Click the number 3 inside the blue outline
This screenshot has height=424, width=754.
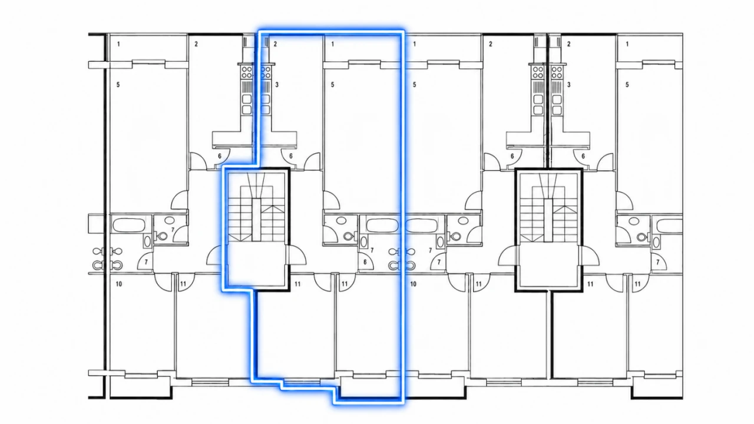tap(277, 85)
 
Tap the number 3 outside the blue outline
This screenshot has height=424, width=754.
tap(569, 85)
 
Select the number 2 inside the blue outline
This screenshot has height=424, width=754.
tap(275, 44)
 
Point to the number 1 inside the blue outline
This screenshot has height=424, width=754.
tap(333, 44)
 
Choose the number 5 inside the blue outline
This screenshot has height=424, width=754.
tap(333, 85)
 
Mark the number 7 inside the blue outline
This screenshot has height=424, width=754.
tap(372, 251)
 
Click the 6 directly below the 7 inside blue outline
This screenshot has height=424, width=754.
tap(365, 262)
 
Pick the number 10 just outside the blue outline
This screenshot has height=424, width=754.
tap(413, 284)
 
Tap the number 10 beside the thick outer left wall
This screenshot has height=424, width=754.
tap(119, 284)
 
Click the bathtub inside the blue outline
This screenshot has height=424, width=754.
tap(382, 225)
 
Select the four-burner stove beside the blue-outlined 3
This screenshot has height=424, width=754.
tap(266, 72)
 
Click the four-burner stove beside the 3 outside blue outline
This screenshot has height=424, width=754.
tap(557, 72)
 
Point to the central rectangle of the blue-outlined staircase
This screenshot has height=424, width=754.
tap(256, 220)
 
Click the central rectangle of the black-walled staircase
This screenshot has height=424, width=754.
tap(548, 220)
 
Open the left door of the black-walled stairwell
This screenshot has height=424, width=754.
tap(507, 256)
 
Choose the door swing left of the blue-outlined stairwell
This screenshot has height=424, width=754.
tap(216, 256)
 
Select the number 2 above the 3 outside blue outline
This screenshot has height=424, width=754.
tap(569, 44)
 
